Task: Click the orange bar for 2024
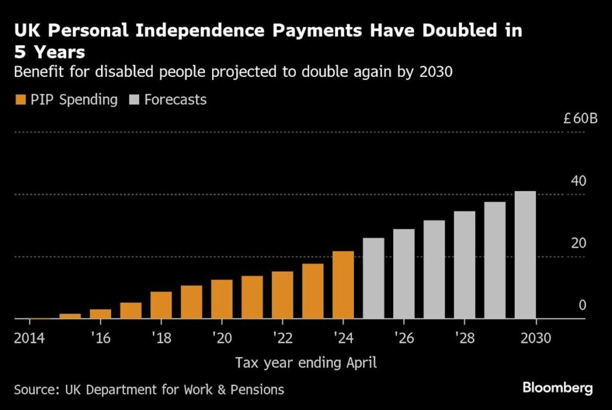pos(343,285)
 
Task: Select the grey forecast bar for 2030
pos(525,255)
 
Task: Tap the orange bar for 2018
pos(161,305)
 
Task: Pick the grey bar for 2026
pos(403,274)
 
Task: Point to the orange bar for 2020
pos(222,299)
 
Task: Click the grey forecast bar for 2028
pos(464,265)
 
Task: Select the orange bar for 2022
pos(282,295)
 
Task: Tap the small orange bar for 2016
pos(100,314)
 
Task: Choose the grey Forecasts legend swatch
pos(133,100)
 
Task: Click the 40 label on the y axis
pos(578,181)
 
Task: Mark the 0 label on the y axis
pos(582,305)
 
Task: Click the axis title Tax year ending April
pos(306,362)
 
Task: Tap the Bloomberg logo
pos(557,388)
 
